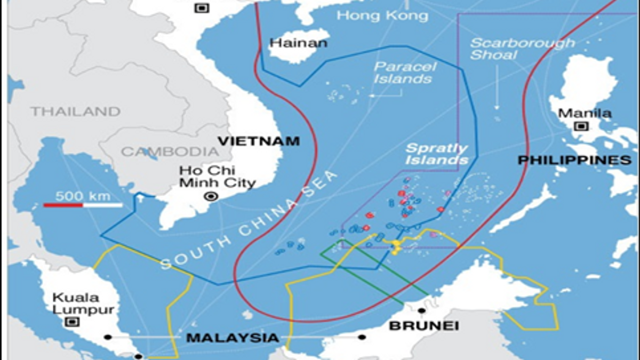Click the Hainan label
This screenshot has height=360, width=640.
point(298,43)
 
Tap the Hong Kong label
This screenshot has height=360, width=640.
point(382,15)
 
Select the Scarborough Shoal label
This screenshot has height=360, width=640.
point(522,49)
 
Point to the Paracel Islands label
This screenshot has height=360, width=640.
point(404,73)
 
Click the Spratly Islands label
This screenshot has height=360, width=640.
point(437,154)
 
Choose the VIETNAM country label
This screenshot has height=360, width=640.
point(259,141)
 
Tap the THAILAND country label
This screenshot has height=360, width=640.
point(75,111)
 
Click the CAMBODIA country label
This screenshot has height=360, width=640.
point(170,151)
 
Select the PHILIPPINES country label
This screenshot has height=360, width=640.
point(574,160)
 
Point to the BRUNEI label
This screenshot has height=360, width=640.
point(423,325)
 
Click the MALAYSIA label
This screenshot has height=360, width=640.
point(233,338)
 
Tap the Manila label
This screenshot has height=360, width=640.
point(585,113)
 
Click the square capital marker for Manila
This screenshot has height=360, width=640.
point(581,126)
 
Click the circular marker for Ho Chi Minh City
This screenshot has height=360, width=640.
point(212,196)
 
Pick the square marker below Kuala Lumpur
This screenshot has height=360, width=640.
point(71,322)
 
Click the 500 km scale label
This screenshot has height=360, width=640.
point(83,196)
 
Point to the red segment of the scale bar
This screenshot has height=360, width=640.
point(63,205)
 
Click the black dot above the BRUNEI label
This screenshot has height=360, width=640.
point(422,310)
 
